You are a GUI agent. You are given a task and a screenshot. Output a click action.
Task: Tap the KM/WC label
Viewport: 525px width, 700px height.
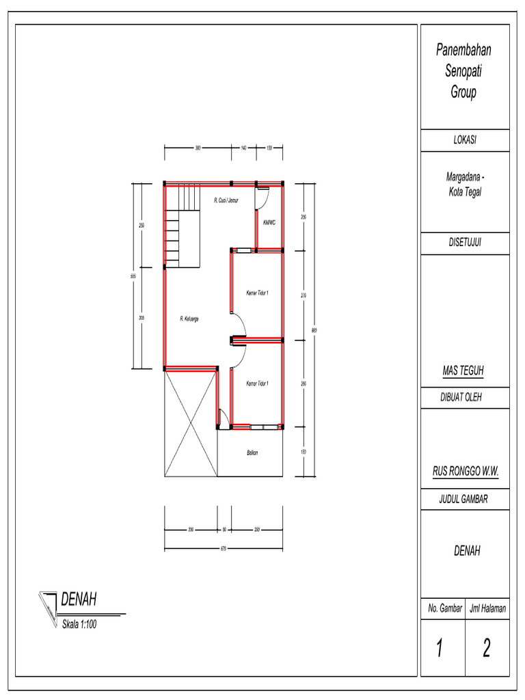coord(269,221)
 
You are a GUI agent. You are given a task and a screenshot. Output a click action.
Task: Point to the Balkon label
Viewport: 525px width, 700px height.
coord(252,453)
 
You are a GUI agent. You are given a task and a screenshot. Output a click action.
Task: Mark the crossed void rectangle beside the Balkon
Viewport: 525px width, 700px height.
coord(191,425)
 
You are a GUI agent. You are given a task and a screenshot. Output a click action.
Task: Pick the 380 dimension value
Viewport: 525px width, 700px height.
coord(198,147)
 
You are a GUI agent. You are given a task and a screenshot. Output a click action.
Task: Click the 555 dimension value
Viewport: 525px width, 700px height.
coord(134,275)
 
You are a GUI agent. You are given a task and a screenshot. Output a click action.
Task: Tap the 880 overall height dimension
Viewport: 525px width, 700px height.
coord(314,330)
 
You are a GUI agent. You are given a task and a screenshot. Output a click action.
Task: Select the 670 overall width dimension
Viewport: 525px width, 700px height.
coord(224,548)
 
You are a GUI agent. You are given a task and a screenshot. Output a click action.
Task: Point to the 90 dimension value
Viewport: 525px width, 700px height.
coord(224,529)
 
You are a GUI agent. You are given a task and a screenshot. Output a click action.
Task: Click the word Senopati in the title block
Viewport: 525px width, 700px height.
coord(463,71)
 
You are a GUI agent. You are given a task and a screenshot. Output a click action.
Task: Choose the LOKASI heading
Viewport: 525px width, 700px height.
coord(464,139)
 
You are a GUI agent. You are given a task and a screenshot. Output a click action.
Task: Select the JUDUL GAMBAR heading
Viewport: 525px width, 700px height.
coord(464,500)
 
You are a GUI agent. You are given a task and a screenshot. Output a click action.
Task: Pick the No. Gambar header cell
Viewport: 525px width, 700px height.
coord(444,608)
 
